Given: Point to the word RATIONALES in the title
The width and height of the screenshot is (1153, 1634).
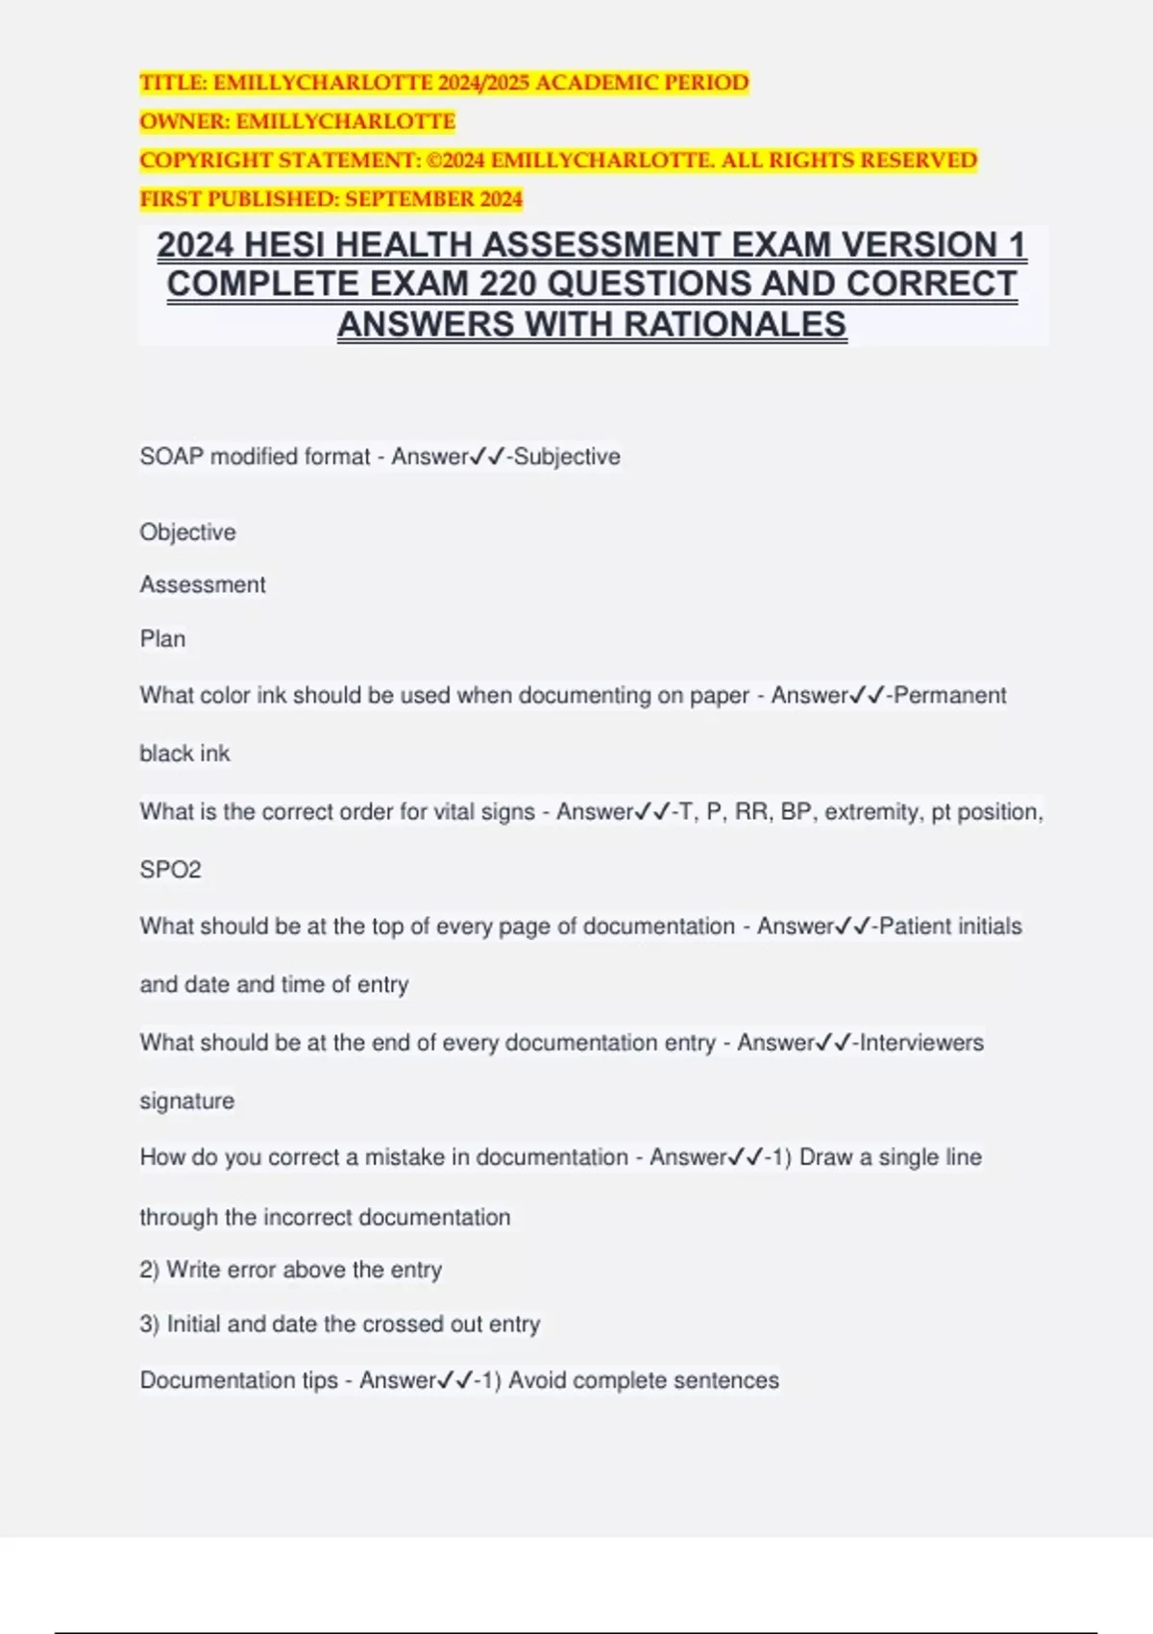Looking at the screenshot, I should click(x=736, y=325).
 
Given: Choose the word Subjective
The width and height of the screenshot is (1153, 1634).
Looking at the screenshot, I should click(x=567, y=457).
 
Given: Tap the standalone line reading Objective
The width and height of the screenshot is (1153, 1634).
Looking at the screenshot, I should click(x=188, y=532).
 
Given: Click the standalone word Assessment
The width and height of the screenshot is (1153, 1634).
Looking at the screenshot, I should click(x=203, y=584).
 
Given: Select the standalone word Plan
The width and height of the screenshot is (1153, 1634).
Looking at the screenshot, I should click(x=162, y=639).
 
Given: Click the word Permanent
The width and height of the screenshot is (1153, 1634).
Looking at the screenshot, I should click(x=950, y=696).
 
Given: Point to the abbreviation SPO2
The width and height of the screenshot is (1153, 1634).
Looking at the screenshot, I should click(x=171, y=870).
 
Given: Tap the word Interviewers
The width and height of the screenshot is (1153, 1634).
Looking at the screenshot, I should click(x=921, y=1043).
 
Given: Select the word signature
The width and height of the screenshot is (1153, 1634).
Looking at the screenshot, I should click(x=187, y=1102).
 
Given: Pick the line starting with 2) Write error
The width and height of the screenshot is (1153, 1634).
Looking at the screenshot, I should click(x=291, y=1270).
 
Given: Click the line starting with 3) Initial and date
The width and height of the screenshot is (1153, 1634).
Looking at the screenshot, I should click(x=340, y=1325).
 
